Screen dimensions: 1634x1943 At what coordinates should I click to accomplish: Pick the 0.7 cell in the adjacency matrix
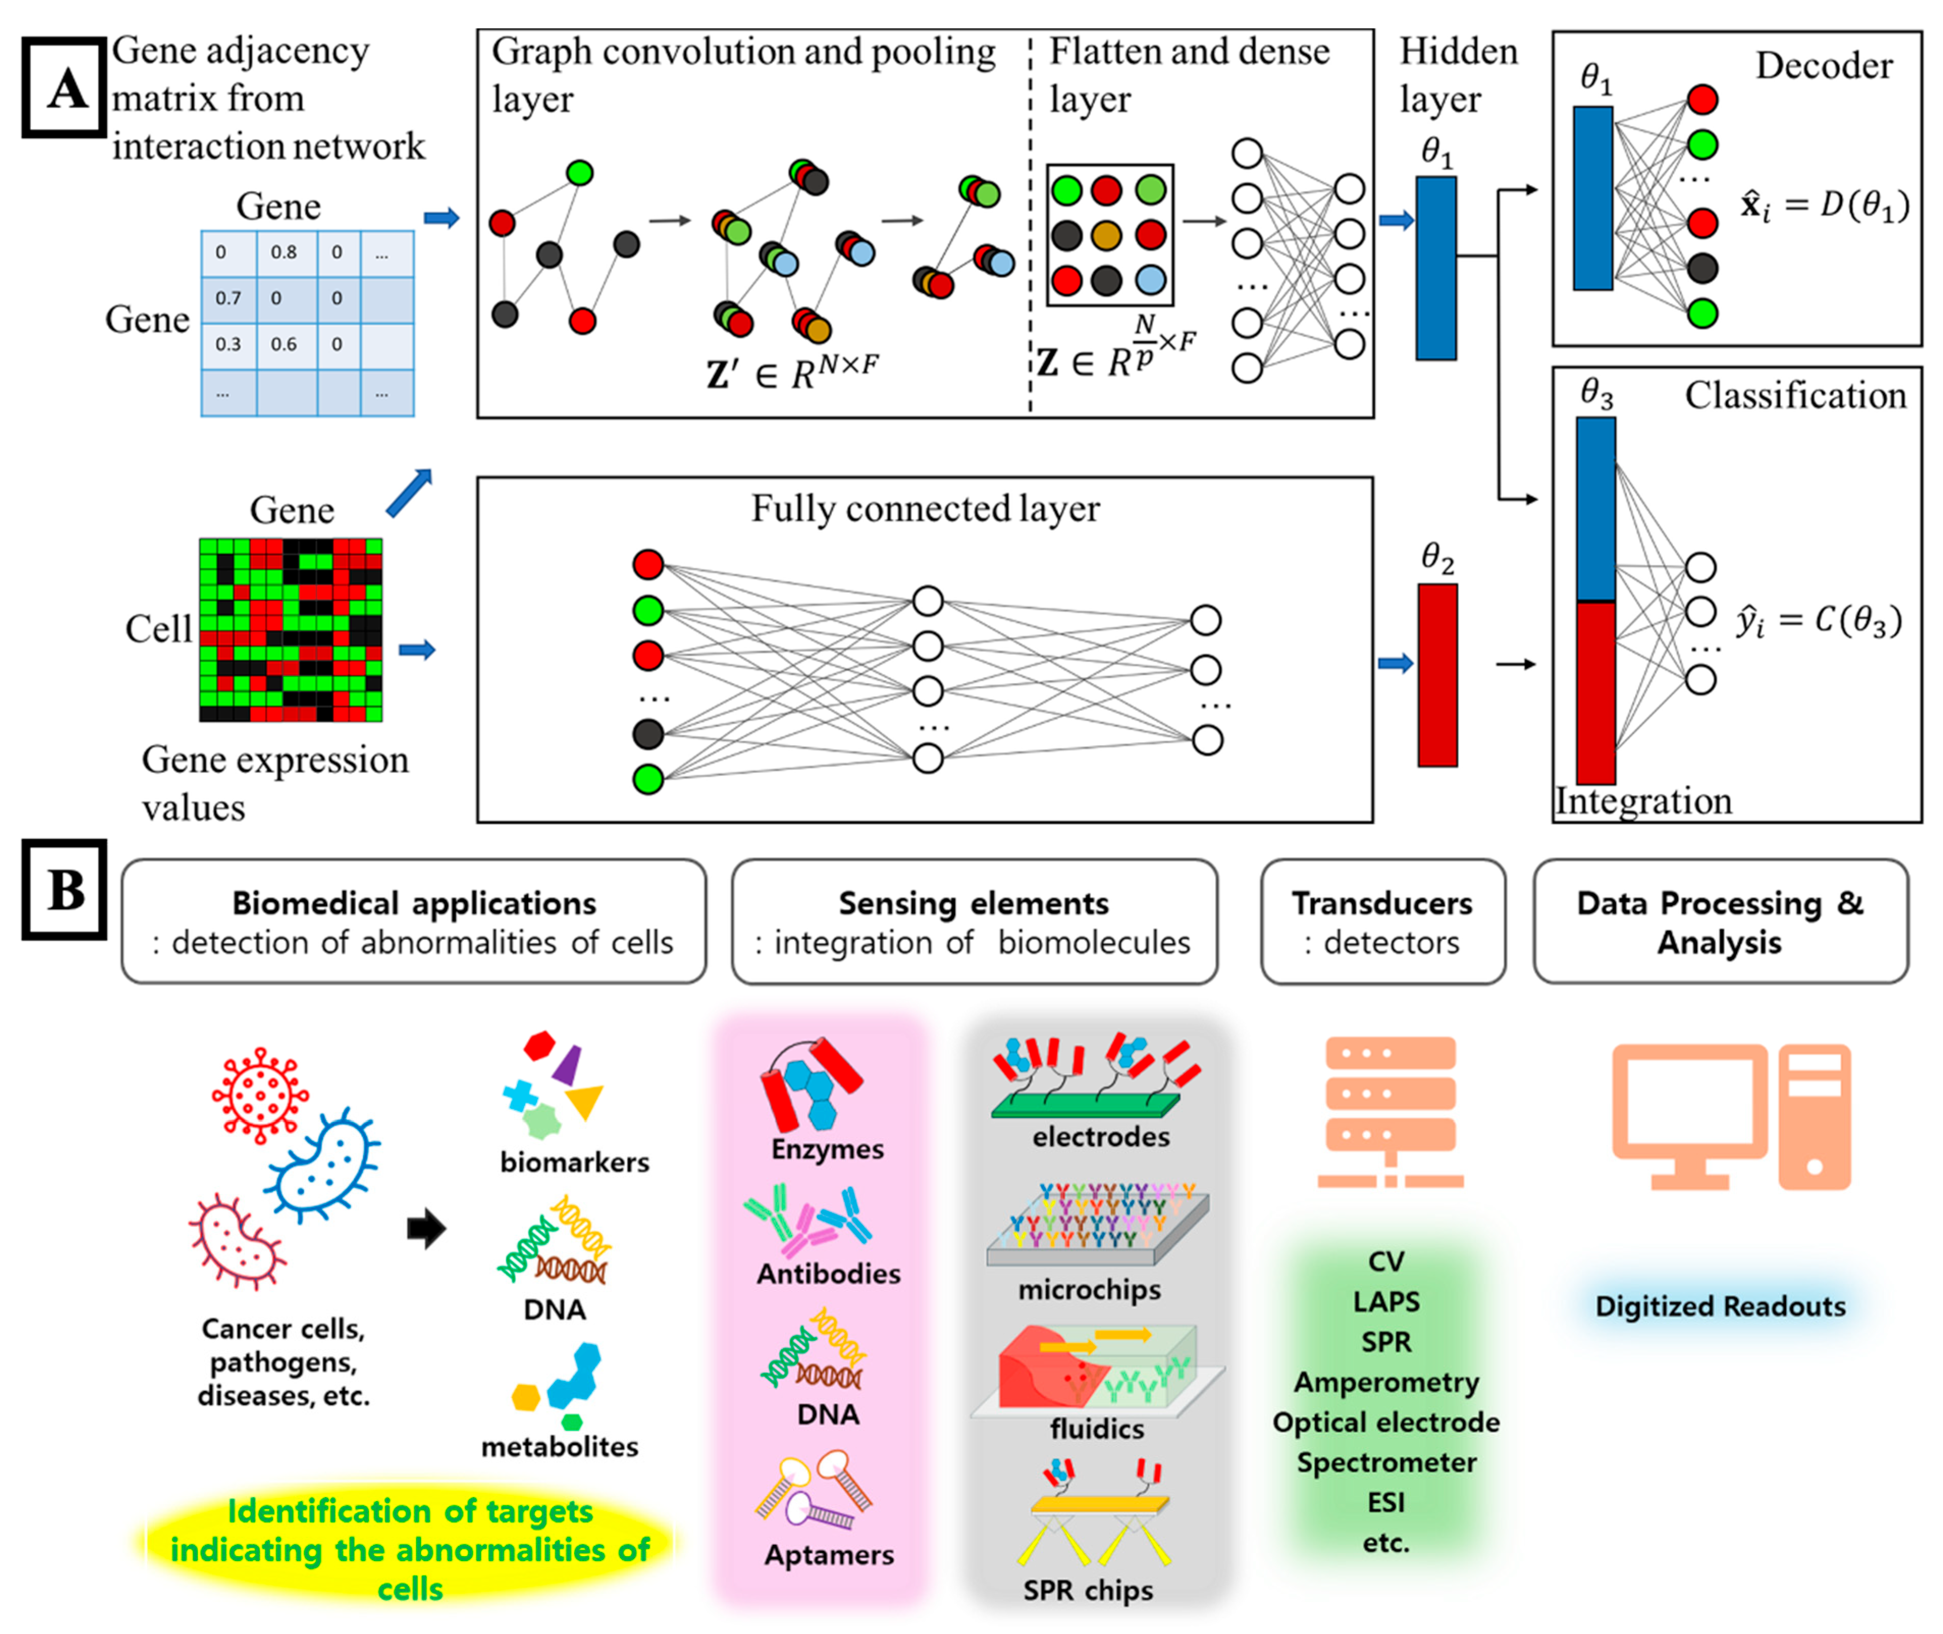click(228, 298)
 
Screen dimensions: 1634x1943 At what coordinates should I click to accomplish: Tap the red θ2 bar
click(1437, 674)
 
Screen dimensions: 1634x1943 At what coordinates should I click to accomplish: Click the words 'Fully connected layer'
click(925, 508)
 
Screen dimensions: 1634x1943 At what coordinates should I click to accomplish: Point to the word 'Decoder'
click(1823, 66)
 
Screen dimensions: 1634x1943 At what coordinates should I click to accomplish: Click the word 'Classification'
click(1795, 396)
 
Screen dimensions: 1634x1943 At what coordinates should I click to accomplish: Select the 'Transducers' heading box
click(1382, 922)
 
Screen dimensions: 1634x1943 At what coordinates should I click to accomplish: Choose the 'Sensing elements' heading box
click(974, 922)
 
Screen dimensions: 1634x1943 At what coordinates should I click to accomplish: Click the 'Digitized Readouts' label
click(1720, 1306)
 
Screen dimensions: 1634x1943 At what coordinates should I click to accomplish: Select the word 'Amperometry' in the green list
click(1386, 1382)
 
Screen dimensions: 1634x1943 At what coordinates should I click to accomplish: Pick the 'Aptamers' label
click(829, 1555)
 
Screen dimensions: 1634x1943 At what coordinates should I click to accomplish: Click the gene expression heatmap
click(291, 630)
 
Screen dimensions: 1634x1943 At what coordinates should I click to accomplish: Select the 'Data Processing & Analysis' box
click(1720, 922)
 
